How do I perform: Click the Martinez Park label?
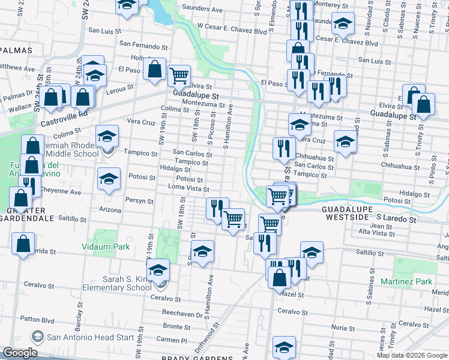(406, 281)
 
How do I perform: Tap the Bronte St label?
(176, 326)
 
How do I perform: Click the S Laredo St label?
(396, 220)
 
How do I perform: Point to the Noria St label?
(343, 328)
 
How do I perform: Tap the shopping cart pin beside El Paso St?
(179, 76)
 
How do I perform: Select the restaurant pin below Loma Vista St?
(217, 208)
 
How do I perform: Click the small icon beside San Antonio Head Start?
(37, 337)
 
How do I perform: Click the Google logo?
(20, 353)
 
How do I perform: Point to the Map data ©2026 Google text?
(412, 355)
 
